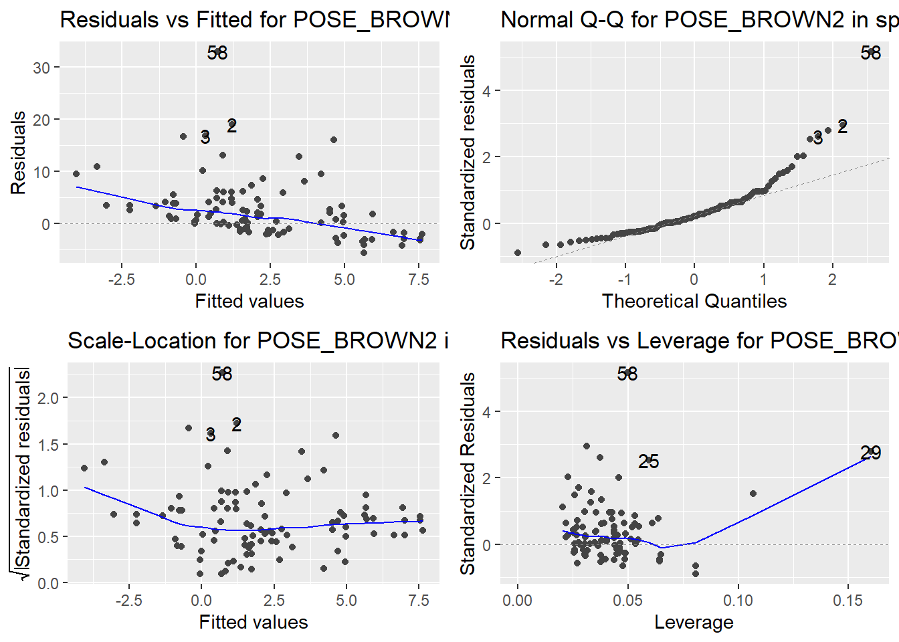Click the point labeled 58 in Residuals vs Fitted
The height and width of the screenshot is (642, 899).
point(217,51)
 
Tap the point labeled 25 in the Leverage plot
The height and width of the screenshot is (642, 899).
point(648,461)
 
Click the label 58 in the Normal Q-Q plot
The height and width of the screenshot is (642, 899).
point(871,53)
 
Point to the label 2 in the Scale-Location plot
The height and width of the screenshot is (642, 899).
point(236,425)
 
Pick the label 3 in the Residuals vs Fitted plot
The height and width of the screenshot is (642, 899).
point(205,137)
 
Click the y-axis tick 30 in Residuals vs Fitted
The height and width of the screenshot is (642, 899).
point(41,68)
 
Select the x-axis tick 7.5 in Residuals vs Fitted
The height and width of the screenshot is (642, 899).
point(419,280)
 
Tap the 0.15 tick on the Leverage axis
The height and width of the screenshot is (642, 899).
point(848,601)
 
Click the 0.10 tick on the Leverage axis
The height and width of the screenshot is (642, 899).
point(738,601)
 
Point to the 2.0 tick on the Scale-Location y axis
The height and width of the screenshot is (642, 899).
point(48,399)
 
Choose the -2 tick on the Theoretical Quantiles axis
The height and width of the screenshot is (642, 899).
point(556,280)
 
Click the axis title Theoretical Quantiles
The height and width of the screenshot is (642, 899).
point(694,301)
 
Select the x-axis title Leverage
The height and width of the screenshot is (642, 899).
point(694,622)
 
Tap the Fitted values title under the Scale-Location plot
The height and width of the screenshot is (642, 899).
point(254,622)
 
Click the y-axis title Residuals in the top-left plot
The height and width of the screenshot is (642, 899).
point(18,153)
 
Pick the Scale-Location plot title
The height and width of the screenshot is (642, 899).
point(258,340)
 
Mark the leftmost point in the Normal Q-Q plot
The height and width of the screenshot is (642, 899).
point(518,253)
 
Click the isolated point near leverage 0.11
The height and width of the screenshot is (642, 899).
point(753,494)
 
